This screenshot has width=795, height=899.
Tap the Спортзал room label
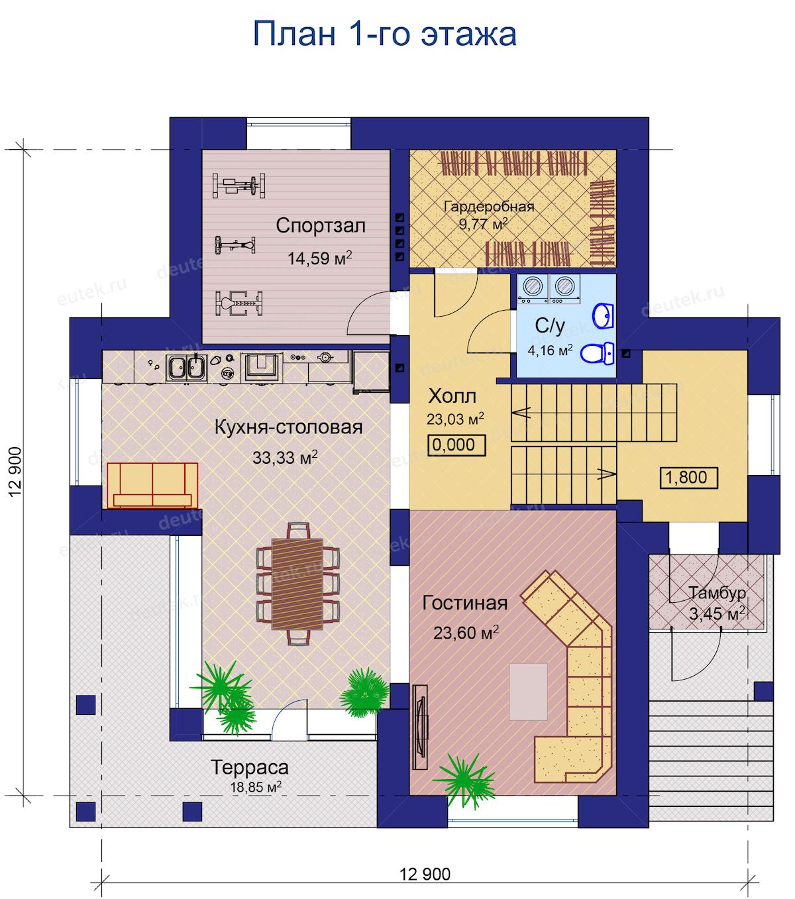pyautogui.click(x=321, y=226)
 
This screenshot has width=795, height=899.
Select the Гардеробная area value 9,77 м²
pyautogui.click(x=483, y=224)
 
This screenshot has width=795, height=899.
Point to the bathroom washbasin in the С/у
pyautogui.click(x=604, y=316)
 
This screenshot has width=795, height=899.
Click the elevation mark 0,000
pyautogui.click(x=456, y=445)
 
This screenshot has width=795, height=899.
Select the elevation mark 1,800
pyautogui.click(x=688, y=478)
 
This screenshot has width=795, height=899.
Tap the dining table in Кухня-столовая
pyautogui.click(x=297, y=584)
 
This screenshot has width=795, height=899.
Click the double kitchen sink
pyautogui.click(x=186, y=368)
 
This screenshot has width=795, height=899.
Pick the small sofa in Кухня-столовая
pyautogui.click(x=152, y=486)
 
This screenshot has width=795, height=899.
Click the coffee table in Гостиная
pyautogui.click(x=528, y=692)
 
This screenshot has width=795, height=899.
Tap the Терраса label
pyautogui.click(x=250, y=767)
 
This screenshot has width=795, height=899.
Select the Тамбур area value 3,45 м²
pyautogui.click(x=717, y=614)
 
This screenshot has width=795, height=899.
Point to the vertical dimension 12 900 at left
pyautogui.click(x=15, y=472)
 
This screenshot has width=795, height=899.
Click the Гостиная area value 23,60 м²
pyautogui.click(x=466, y=633)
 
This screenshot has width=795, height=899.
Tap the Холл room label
pyautogui.click(x=452, y=396)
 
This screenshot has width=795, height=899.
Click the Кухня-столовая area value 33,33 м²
pyautogui.click(x=285, y=458)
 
